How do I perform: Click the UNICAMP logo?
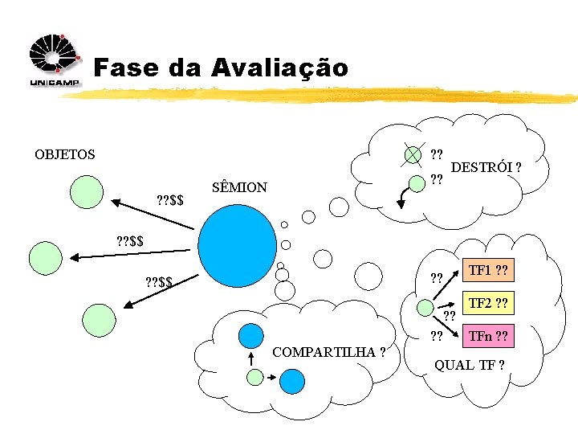53,61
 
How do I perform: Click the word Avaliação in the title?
280,68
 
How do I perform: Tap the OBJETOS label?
64,154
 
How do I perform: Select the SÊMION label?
239,187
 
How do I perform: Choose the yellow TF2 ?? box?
487,304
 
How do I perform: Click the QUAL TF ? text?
470,365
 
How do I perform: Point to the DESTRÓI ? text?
486,167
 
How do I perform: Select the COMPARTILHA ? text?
329,352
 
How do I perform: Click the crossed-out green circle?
413,154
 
